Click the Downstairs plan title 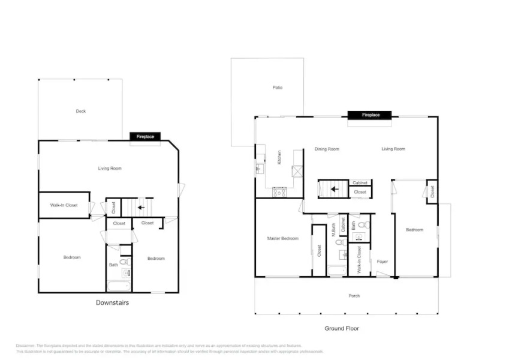(112, 302)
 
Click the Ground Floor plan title (342, 328)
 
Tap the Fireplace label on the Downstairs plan (145, 137)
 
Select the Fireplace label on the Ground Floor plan (370, 115)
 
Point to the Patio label (277, 88)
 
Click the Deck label (81, 111)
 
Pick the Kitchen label (279, 157)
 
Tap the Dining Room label (327, 149)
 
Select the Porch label (354, 296)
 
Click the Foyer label (382, 262)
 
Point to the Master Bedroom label (282, 239)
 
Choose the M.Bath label (333, 231)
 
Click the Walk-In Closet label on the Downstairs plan (64, 205)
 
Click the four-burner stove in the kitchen (279, 192)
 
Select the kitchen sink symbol (260, 168)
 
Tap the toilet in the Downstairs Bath (124, 262)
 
